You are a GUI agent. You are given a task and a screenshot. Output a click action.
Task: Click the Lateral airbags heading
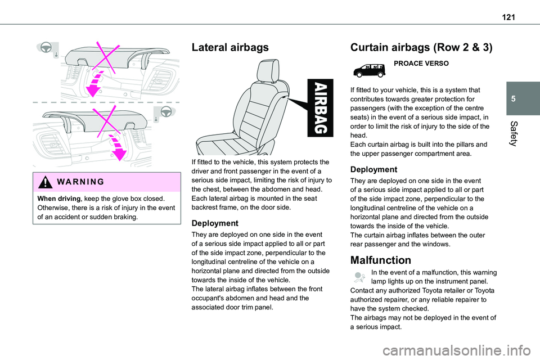(231, 48)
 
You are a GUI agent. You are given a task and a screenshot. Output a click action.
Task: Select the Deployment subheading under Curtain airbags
(373, 169)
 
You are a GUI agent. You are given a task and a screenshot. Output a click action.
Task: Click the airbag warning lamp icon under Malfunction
(360, 276)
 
